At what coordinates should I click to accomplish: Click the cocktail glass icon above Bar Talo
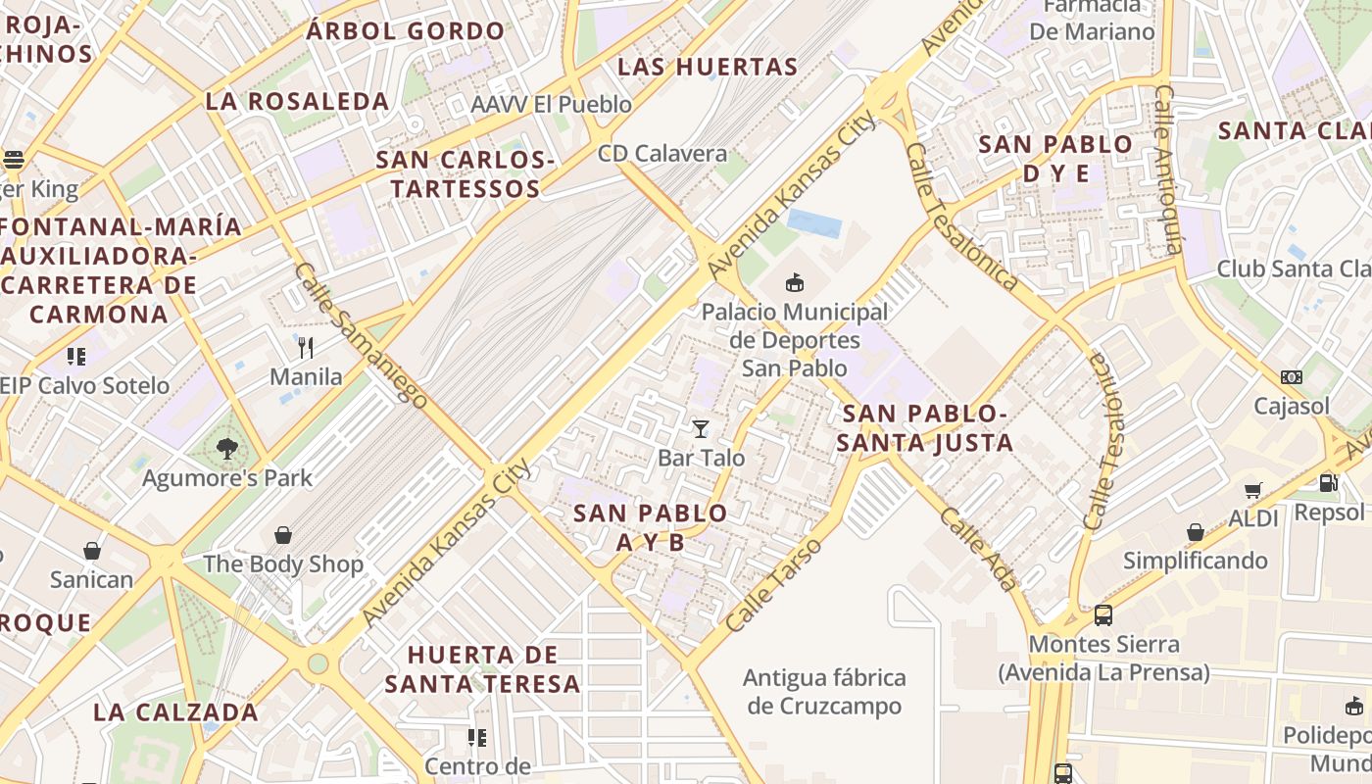(700, 429)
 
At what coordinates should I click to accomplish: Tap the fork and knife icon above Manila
(306, 347)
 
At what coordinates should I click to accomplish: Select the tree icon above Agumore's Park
(227, 449)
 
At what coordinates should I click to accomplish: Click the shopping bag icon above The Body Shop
(283, 535)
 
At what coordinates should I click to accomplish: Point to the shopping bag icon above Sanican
(92, 551)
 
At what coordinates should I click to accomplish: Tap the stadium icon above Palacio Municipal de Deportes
(795, 283)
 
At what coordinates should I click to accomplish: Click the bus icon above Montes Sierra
(1103, 615)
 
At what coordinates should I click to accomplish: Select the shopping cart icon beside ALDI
(1252, 490)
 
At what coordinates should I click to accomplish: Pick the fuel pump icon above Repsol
(1329, 482)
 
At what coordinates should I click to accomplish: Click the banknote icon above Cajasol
(1292, 377)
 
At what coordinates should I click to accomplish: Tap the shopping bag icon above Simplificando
(1196, 532)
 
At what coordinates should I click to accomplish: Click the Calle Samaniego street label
(361, 335)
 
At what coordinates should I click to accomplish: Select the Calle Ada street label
(978, 549)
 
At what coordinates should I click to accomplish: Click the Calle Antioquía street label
(1169, 170)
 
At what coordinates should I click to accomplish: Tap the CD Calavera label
(662, 154)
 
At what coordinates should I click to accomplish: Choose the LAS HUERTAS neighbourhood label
(708, 68)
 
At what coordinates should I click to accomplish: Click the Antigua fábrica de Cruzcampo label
(824, 692)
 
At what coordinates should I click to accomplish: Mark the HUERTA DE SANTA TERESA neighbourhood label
(482, 669)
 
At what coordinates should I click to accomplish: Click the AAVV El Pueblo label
(552, 105)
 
